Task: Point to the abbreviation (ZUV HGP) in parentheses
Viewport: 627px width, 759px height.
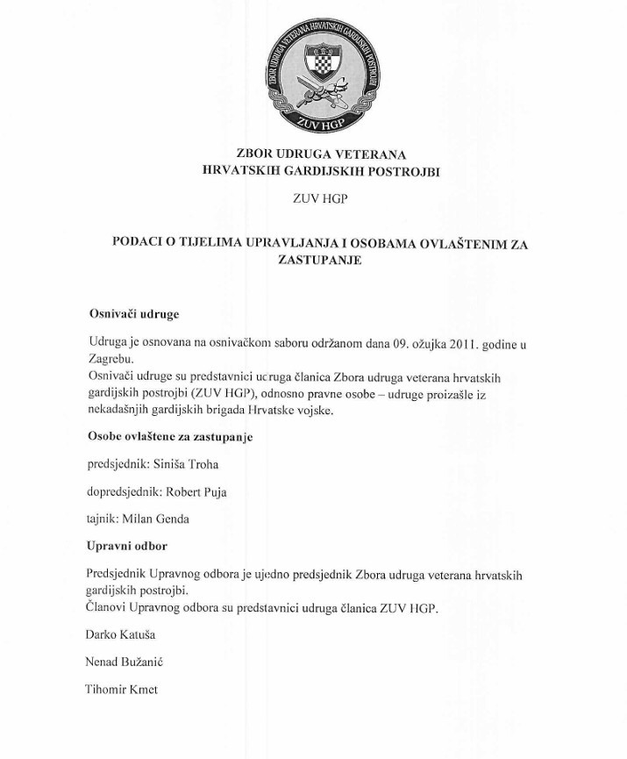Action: coord(214,393)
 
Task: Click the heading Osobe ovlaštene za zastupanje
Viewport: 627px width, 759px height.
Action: coord(170,437)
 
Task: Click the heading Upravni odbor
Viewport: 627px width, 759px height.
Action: coord(127,546)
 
